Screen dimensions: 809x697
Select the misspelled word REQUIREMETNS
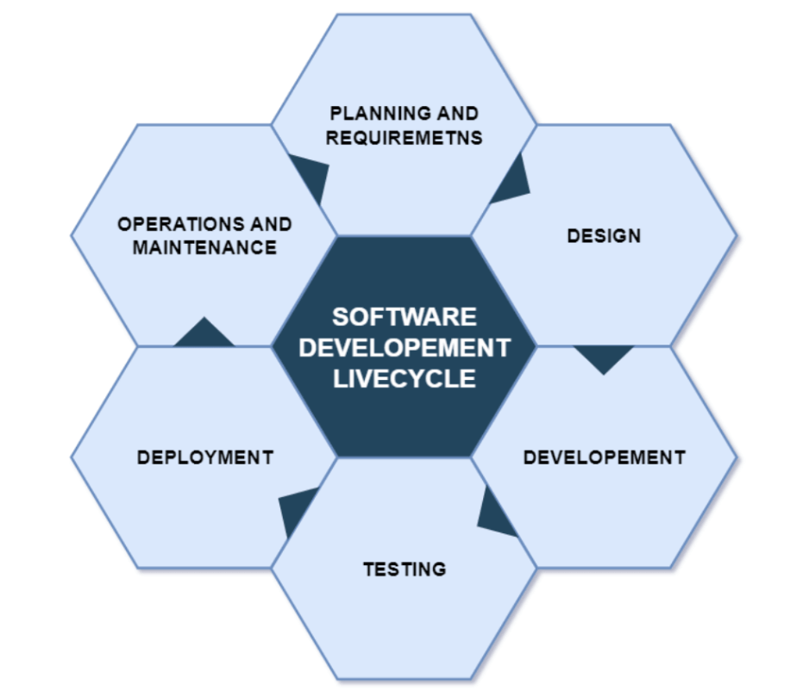tap(404, 137)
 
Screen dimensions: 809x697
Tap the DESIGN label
tap(604, 235)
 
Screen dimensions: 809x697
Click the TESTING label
tap(404, 569)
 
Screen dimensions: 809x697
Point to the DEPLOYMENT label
tap(204, 457)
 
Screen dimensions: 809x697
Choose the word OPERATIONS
tap(172, 224)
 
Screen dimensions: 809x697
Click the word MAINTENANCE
tap(204, 248)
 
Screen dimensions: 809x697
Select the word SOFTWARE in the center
tap(404, 316)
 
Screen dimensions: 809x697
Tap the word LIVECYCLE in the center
tap(404, 378)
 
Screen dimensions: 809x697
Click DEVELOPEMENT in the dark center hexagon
tap(404, 347)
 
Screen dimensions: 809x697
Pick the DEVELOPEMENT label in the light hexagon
tap(604, 457)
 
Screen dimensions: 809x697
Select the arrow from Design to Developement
tap(604, 357)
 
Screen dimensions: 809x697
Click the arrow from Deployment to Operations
tap(204, 334)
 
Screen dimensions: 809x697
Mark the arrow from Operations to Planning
tap(312, 177)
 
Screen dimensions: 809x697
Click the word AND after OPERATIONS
tap(269, 224)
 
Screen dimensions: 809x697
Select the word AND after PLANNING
tap(458, 113)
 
